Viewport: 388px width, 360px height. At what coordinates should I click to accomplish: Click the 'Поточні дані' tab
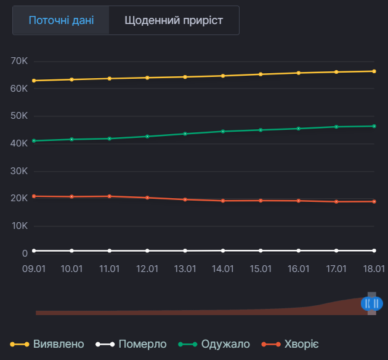pyautogui.click(x=61, y=20)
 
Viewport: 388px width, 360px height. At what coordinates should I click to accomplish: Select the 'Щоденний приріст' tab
pyautogui.click(x=174, y=20)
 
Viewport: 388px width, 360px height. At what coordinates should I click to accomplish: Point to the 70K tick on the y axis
pyautogui.click(x=20, y=61)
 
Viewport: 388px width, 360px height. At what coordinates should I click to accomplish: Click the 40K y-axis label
pyautogui.click(x=20, y=143)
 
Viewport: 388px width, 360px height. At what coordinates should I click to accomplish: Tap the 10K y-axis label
pyautogui.click(x=20, y=226)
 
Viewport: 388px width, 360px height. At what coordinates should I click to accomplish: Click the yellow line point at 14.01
pyautogui.click(x=223, y=76)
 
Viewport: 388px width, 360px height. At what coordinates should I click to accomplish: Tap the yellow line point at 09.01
pyautogui.click(x=34, y=81)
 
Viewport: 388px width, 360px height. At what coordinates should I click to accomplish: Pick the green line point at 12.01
pyautogui.click(x=147, y=136)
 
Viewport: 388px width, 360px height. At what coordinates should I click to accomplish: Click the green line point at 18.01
pyautogui.click(x=374, y=126)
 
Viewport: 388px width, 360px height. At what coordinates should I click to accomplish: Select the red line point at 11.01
pyautogui.click(x=110, y=196)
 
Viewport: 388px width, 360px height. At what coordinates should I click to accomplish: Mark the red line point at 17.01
pyautogui.click(x=336, y=201)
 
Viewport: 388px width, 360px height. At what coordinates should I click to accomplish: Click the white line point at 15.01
pyautogui.click(x=261, y=250)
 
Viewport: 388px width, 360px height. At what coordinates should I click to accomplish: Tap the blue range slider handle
pyautogui.click(x=371, y=303)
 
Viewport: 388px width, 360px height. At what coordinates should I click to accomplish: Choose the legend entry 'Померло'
pyautogui.click(x=132, y=344)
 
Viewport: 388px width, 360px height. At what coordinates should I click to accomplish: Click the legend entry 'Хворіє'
pyautogui.click(x=291, y=344)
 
